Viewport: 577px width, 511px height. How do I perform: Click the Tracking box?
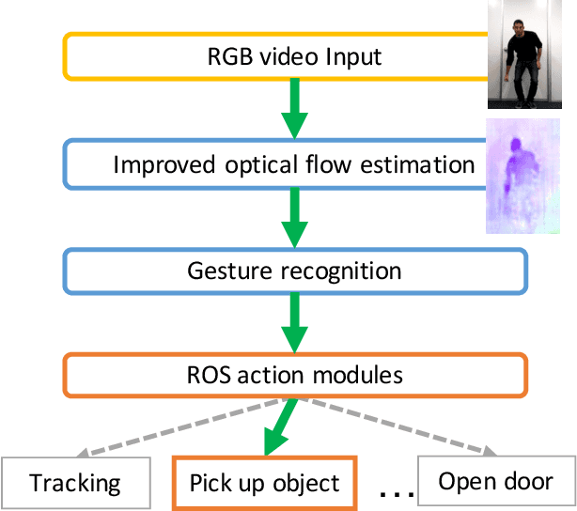(75, 484)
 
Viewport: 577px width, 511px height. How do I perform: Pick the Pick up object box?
(265, 484)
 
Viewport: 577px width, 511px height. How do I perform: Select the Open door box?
(496, 482)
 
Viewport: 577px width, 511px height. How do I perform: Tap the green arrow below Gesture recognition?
(293, 324)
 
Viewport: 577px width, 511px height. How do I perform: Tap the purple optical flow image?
(529, 176)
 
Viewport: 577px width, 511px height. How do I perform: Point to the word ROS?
(206, 376)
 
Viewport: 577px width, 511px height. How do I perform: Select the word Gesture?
(227, 272)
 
